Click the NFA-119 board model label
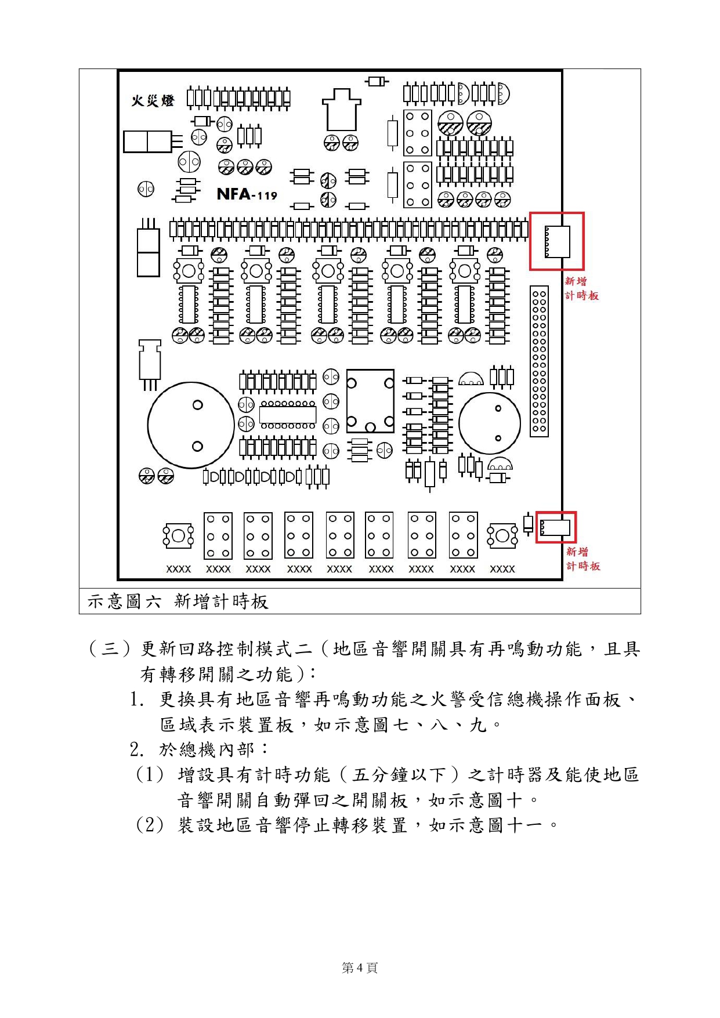[247, 194]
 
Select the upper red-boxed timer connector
[557, 241]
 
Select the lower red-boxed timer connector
[556, 527]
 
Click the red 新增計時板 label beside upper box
[581, 288]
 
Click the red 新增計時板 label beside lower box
[583, 559]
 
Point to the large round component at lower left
[191, 425]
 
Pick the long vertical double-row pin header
[539, 361]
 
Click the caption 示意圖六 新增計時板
[178, 602]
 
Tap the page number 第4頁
[360, 968]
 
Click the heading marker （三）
[110, 649]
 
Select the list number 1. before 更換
[137, 700]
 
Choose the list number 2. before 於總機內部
[137, 750]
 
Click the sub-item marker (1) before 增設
[150, 775]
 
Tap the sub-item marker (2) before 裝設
[150, 825]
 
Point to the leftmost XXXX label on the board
[179, 569]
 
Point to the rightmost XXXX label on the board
[502, 569]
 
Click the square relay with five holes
[370, 401]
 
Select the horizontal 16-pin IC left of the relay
[288, 415]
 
